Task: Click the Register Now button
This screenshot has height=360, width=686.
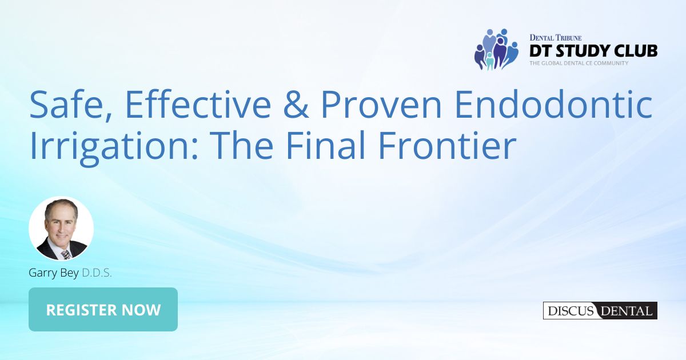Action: (103, 310)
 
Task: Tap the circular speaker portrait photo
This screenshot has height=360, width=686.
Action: (61, 229)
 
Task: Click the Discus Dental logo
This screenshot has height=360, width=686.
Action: (600, 311)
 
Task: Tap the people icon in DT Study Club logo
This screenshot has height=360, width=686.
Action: (495, 49)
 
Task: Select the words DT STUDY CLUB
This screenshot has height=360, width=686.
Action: (593, 50)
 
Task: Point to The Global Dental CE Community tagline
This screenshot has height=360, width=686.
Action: (579, 63)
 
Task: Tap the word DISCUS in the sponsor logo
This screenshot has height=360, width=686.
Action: (569, 311)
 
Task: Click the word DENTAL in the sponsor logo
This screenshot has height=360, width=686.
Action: (625, 311)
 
